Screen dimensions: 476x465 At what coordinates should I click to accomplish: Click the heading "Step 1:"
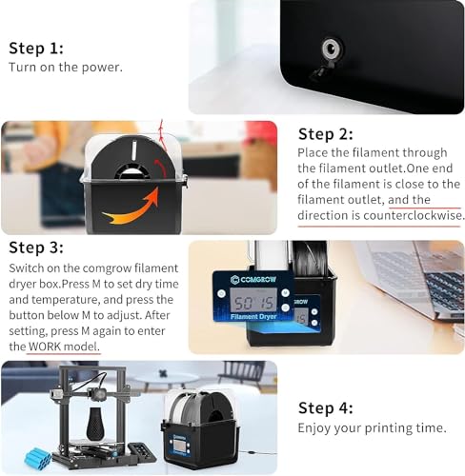[x=36, y=48]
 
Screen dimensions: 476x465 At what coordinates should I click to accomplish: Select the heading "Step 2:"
[x=326, y=134]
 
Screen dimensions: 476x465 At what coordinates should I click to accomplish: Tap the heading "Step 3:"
[x=36, y=248]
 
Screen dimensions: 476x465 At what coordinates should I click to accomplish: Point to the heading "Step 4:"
[x=326, y=407]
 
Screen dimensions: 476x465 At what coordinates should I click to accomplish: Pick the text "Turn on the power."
[x=66, y=68]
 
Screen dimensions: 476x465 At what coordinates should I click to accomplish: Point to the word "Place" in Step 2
[x=315, y=152]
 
